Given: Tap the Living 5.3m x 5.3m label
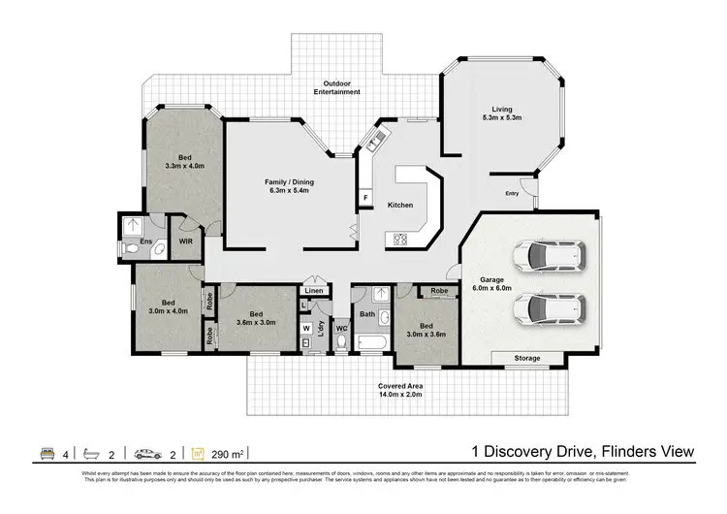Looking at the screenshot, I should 502,113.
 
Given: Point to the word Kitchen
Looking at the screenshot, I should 400,205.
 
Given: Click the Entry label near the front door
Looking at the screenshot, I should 512,194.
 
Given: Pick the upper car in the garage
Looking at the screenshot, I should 551,257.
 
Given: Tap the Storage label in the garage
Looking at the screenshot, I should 526,358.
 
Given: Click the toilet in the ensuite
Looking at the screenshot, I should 133,249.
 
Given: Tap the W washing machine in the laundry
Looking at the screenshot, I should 306,328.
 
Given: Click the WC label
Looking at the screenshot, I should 341,329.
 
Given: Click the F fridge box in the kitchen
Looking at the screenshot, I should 365,199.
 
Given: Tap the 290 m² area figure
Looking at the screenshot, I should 230,453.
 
